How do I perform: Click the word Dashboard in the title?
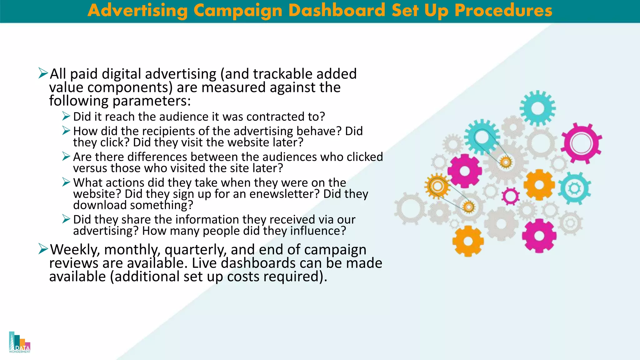(x=337, y=10)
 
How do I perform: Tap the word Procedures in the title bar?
(x=503, y=10)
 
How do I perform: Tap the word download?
(x=100, y=205)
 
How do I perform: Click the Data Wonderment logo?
(x=20, y=342)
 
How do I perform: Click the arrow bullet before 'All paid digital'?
(x=43, y=73)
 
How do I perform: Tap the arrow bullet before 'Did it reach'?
(x=66, y=116)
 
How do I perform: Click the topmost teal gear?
(x=537, y=108)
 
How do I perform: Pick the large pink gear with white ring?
(x=581, y=143)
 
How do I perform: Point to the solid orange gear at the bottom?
(x=468, y=241)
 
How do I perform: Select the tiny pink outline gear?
(x=511, y=196)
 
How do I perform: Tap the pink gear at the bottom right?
(x=539, y=235)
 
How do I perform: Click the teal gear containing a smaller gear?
(x=574, y=188)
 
